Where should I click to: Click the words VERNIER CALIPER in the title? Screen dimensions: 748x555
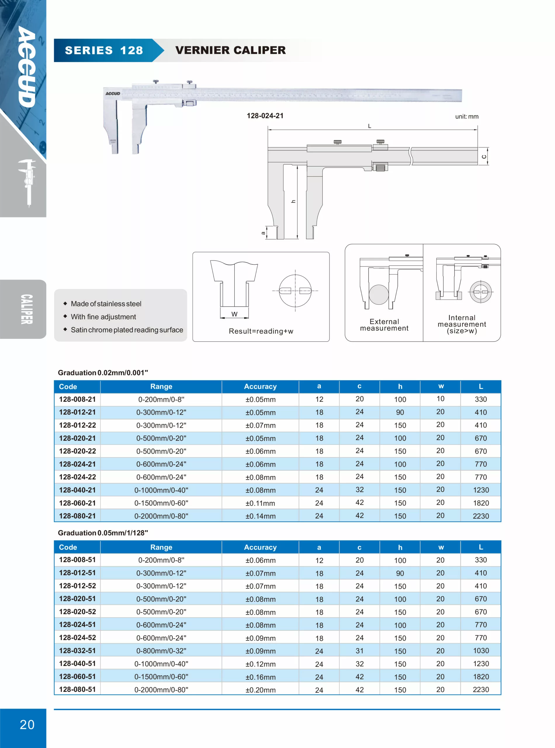point(230,51)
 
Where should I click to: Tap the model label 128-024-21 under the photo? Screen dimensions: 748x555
point(265,116)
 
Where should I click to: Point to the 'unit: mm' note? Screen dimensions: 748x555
point(467,117)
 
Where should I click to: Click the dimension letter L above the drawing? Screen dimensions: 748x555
point(370,126)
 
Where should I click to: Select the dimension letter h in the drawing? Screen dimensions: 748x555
point(293,201)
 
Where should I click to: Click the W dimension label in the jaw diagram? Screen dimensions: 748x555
point(235,314)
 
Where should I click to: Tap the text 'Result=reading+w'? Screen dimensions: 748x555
point(261,331)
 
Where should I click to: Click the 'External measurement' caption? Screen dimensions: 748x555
point(384,325)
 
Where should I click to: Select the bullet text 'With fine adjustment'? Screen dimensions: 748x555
point(103,317)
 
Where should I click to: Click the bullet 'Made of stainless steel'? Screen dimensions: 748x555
point(106,304)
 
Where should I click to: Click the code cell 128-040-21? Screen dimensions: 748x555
point(77,490)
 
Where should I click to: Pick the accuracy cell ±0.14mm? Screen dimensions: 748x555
point(260,516)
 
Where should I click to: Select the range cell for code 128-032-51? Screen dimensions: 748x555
point(161,651)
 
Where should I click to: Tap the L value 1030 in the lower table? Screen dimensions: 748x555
point(481,651)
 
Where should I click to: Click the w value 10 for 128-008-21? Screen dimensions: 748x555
point(440,399)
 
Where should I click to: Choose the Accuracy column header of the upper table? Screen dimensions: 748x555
point(260,387)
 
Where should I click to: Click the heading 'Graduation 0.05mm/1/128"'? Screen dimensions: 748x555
point(103,533)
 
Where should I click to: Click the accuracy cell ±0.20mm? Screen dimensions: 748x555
point(260,690)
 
